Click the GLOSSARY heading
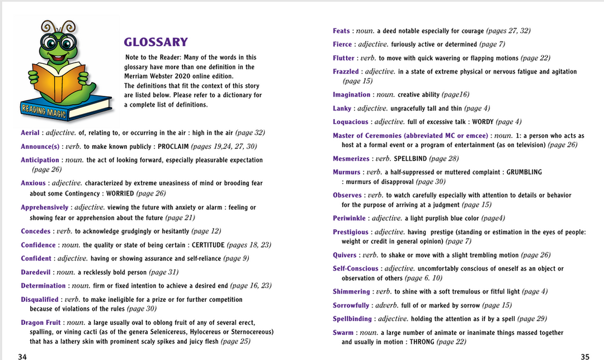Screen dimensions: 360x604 pyautogui.click(x=155, y=42)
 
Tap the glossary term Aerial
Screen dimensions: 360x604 pyautogui.click(x=30, y=133)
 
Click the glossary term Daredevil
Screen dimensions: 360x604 pyautogui.click(x=36, y=272)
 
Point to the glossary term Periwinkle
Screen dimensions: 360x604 pyautogui.click(x=350, y=218)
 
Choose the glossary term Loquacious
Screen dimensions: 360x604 pyautogui.click(x=350, y=122)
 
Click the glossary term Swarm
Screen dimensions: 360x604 pyautogui.click(x=343, y=333)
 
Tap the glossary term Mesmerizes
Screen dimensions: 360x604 pyautogui.click(x=351, y=159)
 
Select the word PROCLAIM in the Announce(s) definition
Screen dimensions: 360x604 pyautogui.click(x=172, y=146)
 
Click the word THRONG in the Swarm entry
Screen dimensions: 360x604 pyautogui.click(x=422, y=342)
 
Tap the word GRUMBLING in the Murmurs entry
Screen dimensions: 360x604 pyautogui.click(x=524, y=172)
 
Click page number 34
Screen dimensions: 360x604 pyautogui.click(x=22, y=356)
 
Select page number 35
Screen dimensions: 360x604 pyautogui.click(x=585, y=356)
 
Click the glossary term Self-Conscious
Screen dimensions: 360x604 pyautogui.click(x=355, y=268)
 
